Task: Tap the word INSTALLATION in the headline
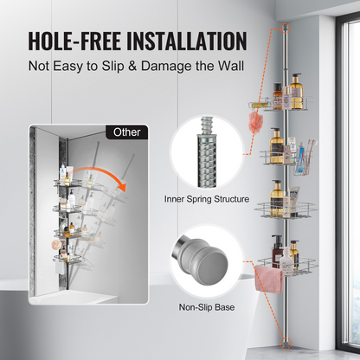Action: pos(187,41)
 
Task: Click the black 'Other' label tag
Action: pos(126,132)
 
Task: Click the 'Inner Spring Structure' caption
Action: pos(207,199)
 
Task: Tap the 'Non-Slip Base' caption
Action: pos(207,307)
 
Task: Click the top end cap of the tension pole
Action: pos(285,27)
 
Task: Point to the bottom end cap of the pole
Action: pos(286,342)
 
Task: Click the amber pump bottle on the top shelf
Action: pos(296,91)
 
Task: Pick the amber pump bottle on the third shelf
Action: pos(277,198)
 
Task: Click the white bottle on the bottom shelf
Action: pos(286,259)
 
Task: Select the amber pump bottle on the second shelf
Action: pos(276,146)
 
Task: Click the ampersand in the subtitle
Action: pos(132,67)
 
